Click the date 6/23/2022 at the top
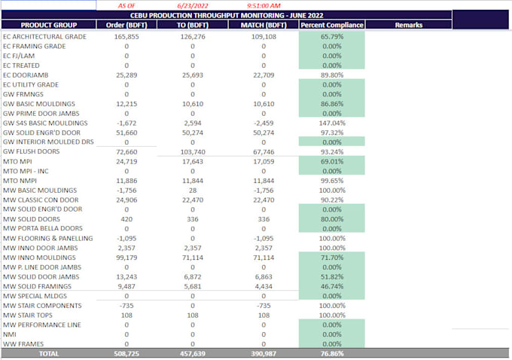[192, 5]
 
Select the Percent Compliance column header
[332, 25]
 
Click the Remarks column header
[408, 25]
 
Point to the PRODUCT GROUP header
[45, 25]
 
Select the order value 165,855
[126, 36]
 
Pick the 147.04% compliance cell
[332, 123]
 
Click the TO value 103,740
[192, 151]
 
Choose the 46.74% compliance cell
[332, 286]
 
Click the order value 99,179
[126, 258]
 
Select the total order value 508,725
[126, 353]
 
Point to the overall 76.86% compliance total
[332, 353]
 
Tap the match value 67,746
[263, 151]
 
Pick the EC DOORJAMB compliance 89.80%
[332, 75]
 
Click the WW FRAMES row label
[23, 343]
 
